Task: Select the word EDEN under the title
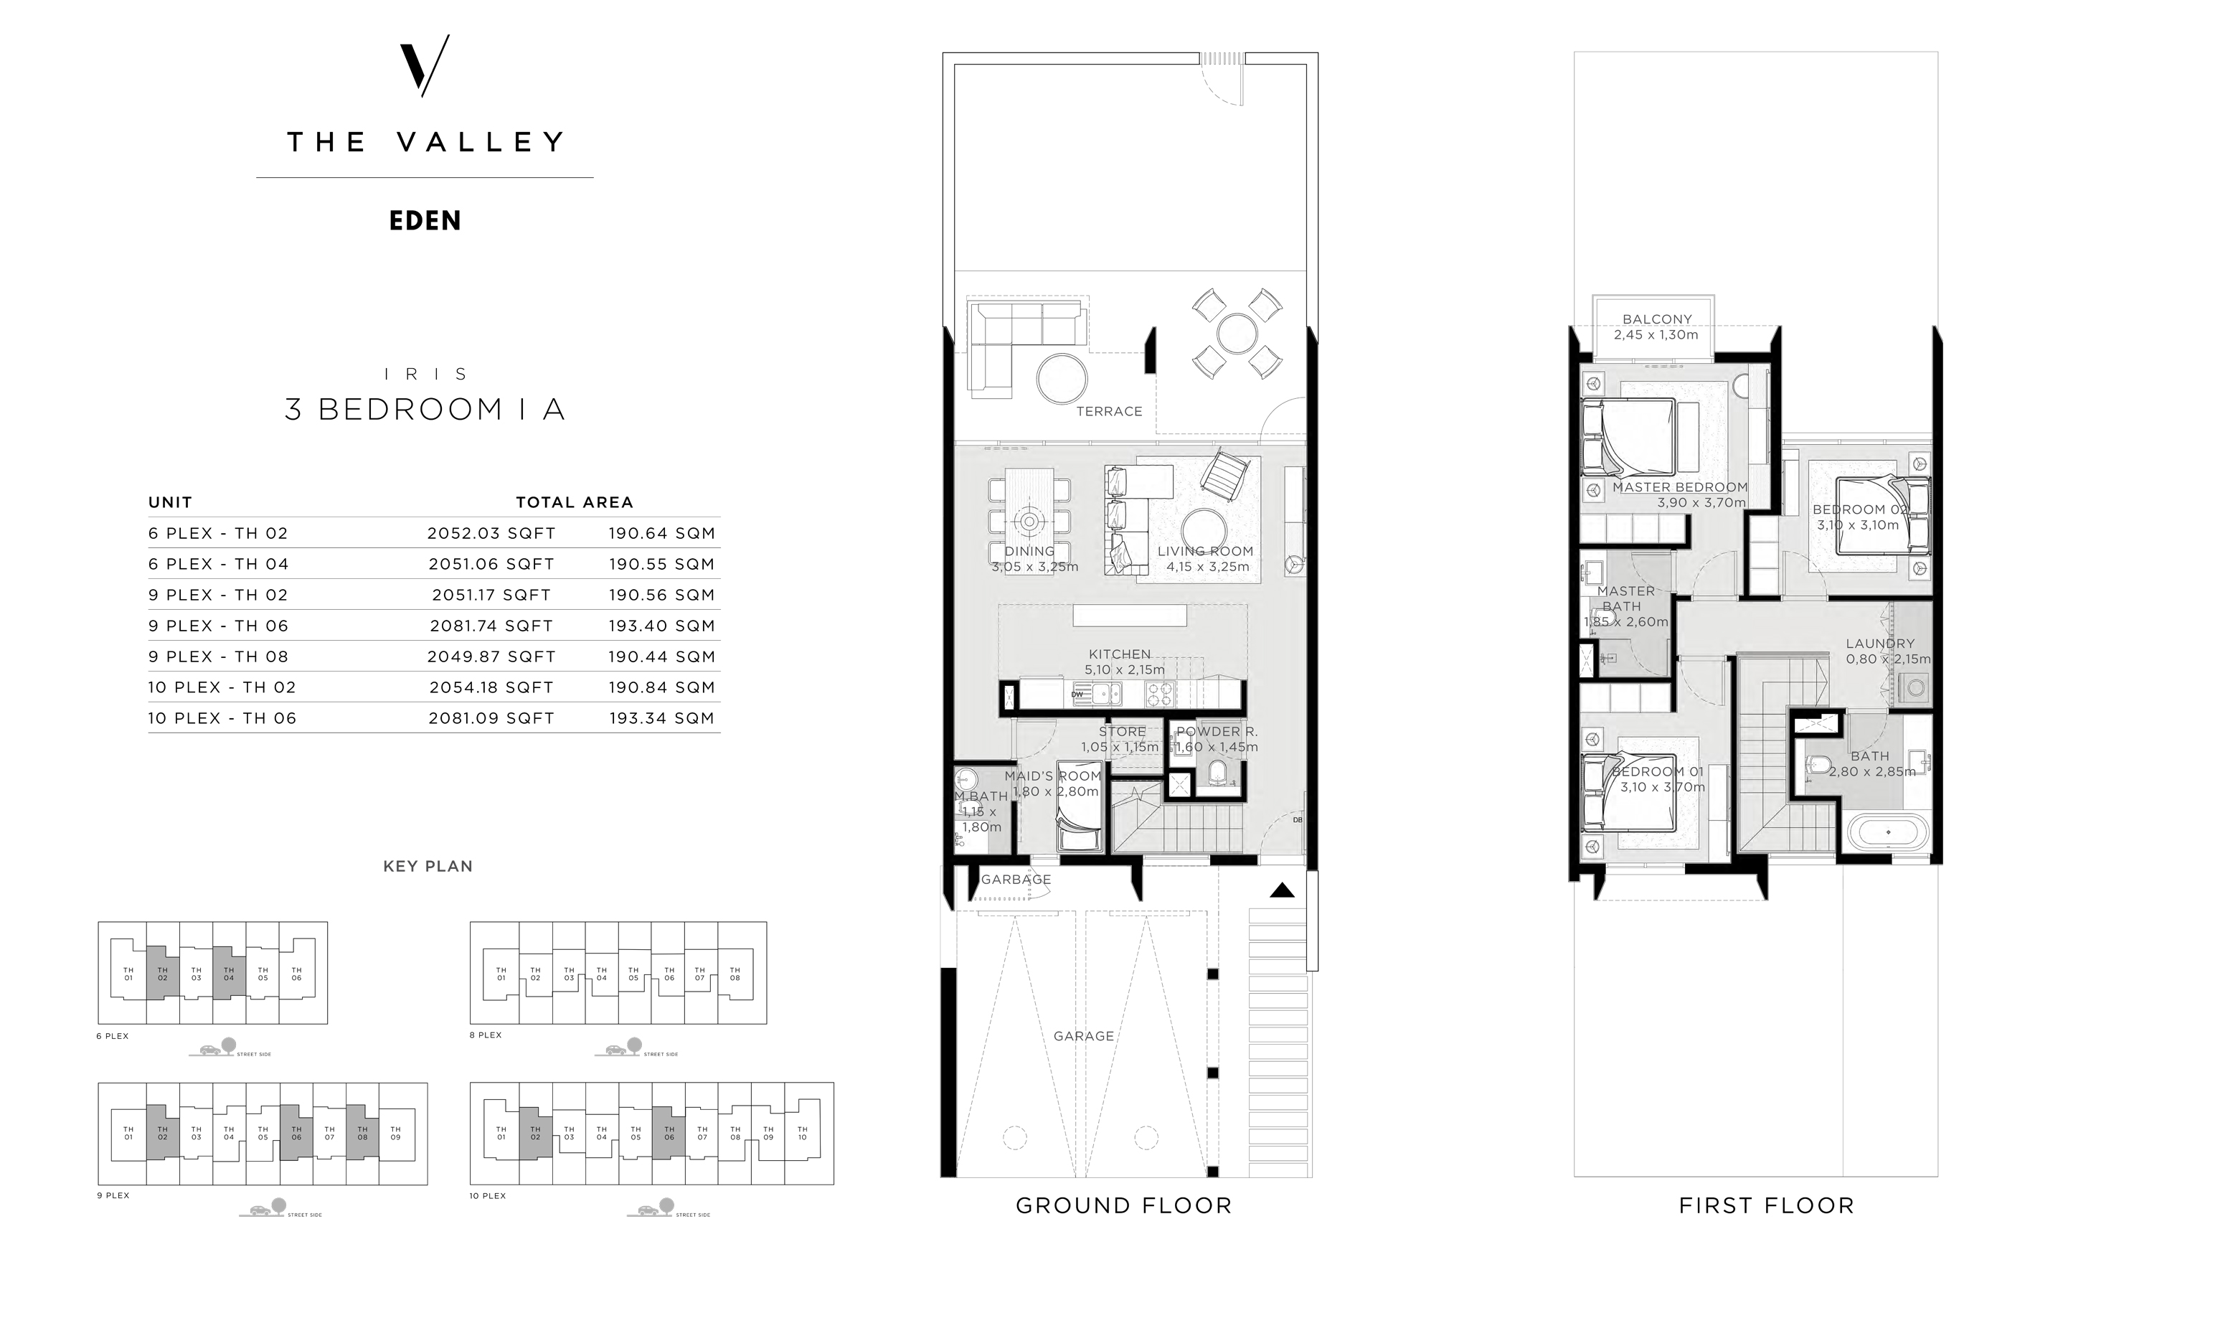425,221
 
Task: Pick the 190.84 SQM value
661,687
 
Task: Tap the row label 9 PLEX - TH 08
218,657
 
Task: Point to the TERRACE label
1109,411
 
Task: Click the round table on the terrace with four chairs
1237,334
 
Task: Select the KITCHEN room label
1120,654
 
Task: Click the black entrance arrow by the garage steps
1281,890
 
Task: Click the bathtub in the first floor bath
1888,833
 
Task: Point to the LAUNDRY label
1879,644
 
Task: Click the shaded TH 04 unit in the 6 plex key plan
229,974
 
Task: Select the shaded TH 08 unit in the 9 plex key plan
362,1134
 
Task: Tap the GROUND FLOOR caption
1123,1206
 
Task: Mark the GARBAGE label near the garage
1016,879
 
